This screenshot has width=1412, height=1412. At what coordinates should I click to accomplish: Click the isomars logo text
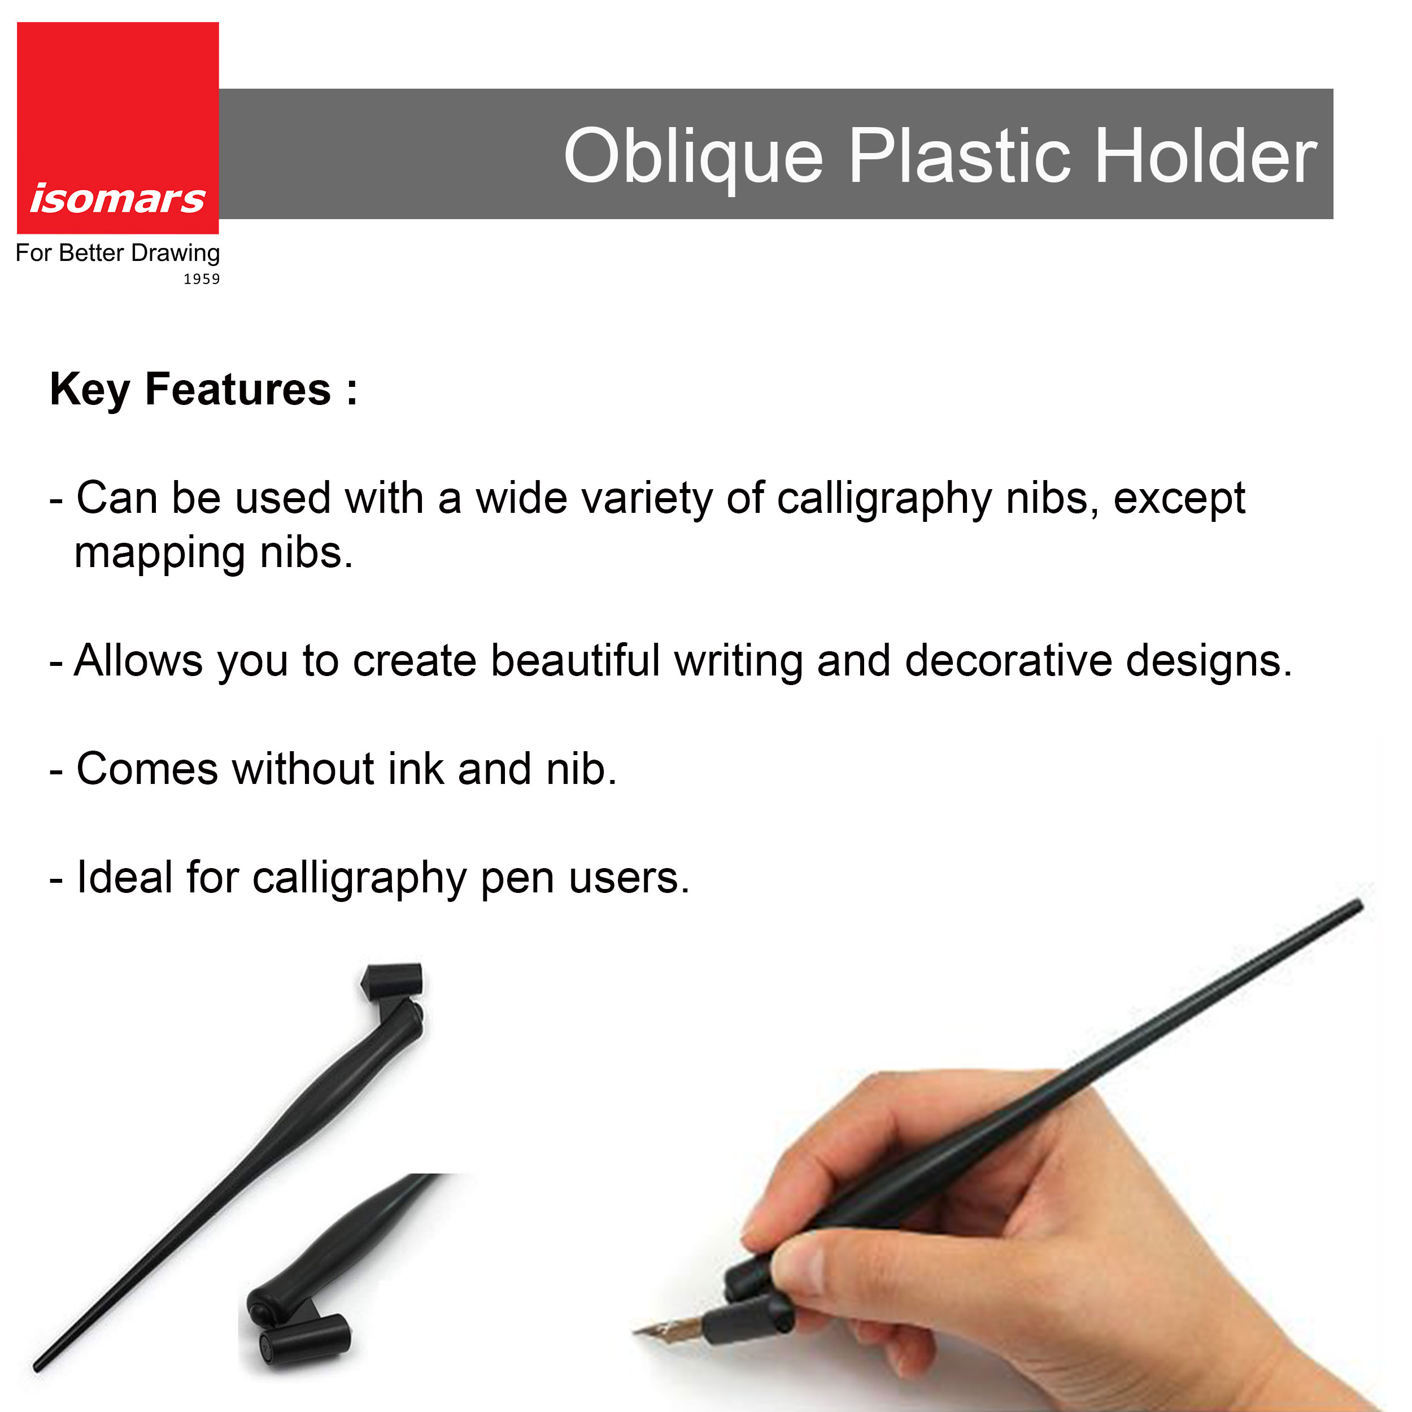pyautogui.click(x=117, y=199)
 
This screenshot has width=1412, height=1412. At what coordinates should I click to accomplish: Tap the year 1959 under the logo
pyautogui.click(x=201, y=278)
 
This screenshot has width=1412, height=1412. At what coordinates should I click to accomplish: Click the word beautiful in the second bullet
pyautogui.click(x=575, y=661)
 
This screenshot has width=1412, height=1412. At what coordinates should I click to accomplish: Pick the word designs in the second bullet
pyautogui.click(x=1209, y=661)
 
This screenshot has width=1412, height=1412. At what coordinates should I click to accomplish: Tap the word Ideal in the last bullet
pyautogui.click(x=124, y=877)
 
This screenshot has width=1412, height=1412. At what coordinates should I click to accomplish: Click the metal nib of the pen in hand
pyautogui.click(x=669, y=1328)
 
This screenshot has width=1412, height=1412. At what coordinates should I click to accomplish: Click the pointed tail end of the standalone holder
pyautogui.click(x=37, y=1367)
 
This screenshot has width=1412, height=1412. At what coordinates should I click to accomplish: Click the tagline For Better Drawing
pyautogui.click(x=117, y=253)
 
